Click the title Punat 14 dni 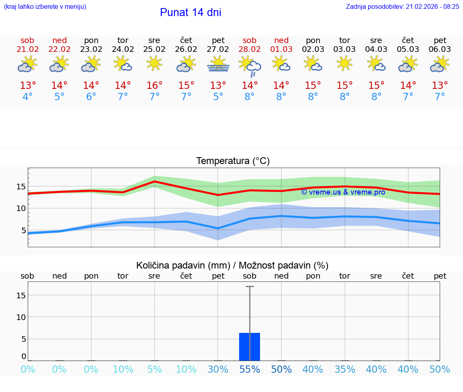point(191,12)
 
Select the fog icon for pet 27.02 point(218,64)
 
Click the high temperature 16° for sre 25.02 point(154,86)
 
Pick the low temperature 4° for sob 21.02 point(28,97)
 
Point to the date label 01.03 point(281,49)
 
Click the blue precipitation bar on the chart point(250,347)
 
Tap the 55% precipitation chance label point(250,369)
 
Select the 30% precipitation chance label point(218,369)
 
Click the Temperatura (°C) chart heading point(233,161)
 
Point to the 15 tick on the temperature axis point(21,187)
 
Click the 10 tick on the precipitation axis point(21,317)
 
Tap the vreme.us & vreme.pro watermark point(343,192)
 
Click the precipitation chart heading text point(232,265)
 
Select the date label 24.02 point(123,49)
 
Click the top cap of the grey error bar point(250,287)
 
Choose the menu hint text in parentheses point(45,6)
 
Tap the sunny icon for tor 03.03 point(344,64)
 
